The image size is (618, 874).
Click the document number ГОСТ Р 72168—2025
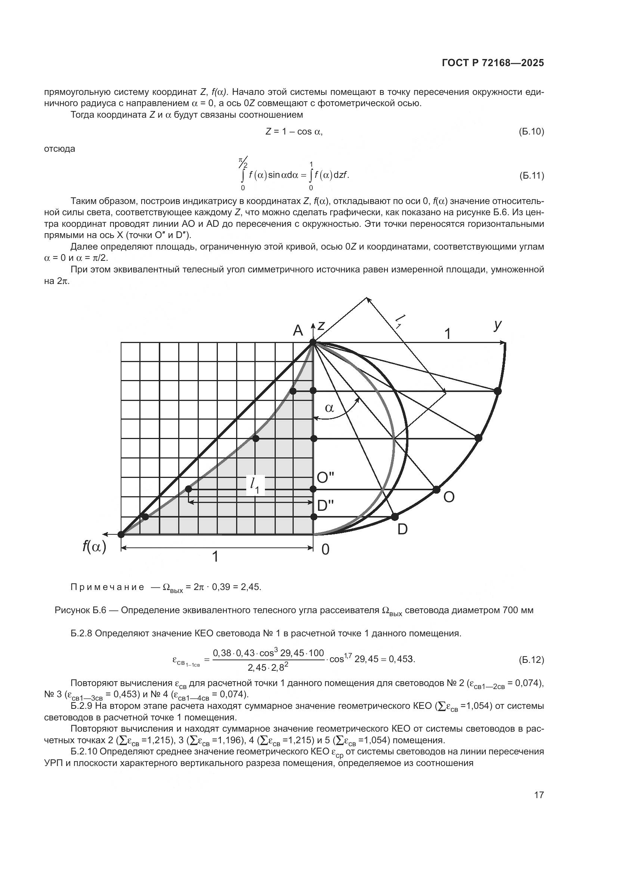(x=493, y=63)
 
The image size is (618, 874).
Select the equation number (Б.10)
(x=531, y=132)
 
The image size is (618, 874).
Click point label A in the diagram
(x=298, y=330)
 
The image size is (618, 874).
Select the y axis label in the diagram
(x=497, y=325)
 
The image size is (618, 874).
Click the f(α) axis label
(x=94, y=547)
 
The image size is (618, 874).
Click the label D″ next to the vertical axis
(x=325, y=506)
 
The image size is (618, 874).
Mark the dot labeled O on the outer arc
(x=436, y=489)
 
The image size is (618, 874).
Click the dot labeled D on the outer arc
(x=395, y=516)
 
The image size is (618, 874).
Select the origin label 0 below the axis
(x=325, y=550)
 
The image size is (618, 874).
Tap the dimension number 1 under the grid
(x=215, y=557)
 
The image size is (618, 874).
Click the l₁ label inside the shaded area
(x=255, y=485)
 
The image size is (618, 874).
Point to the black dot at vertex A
(x=313, y=343)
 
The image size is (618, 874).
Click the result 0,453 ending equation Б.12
(x=401, y=659)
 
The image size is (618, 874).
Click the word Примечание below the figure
(x=107, y=587)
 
